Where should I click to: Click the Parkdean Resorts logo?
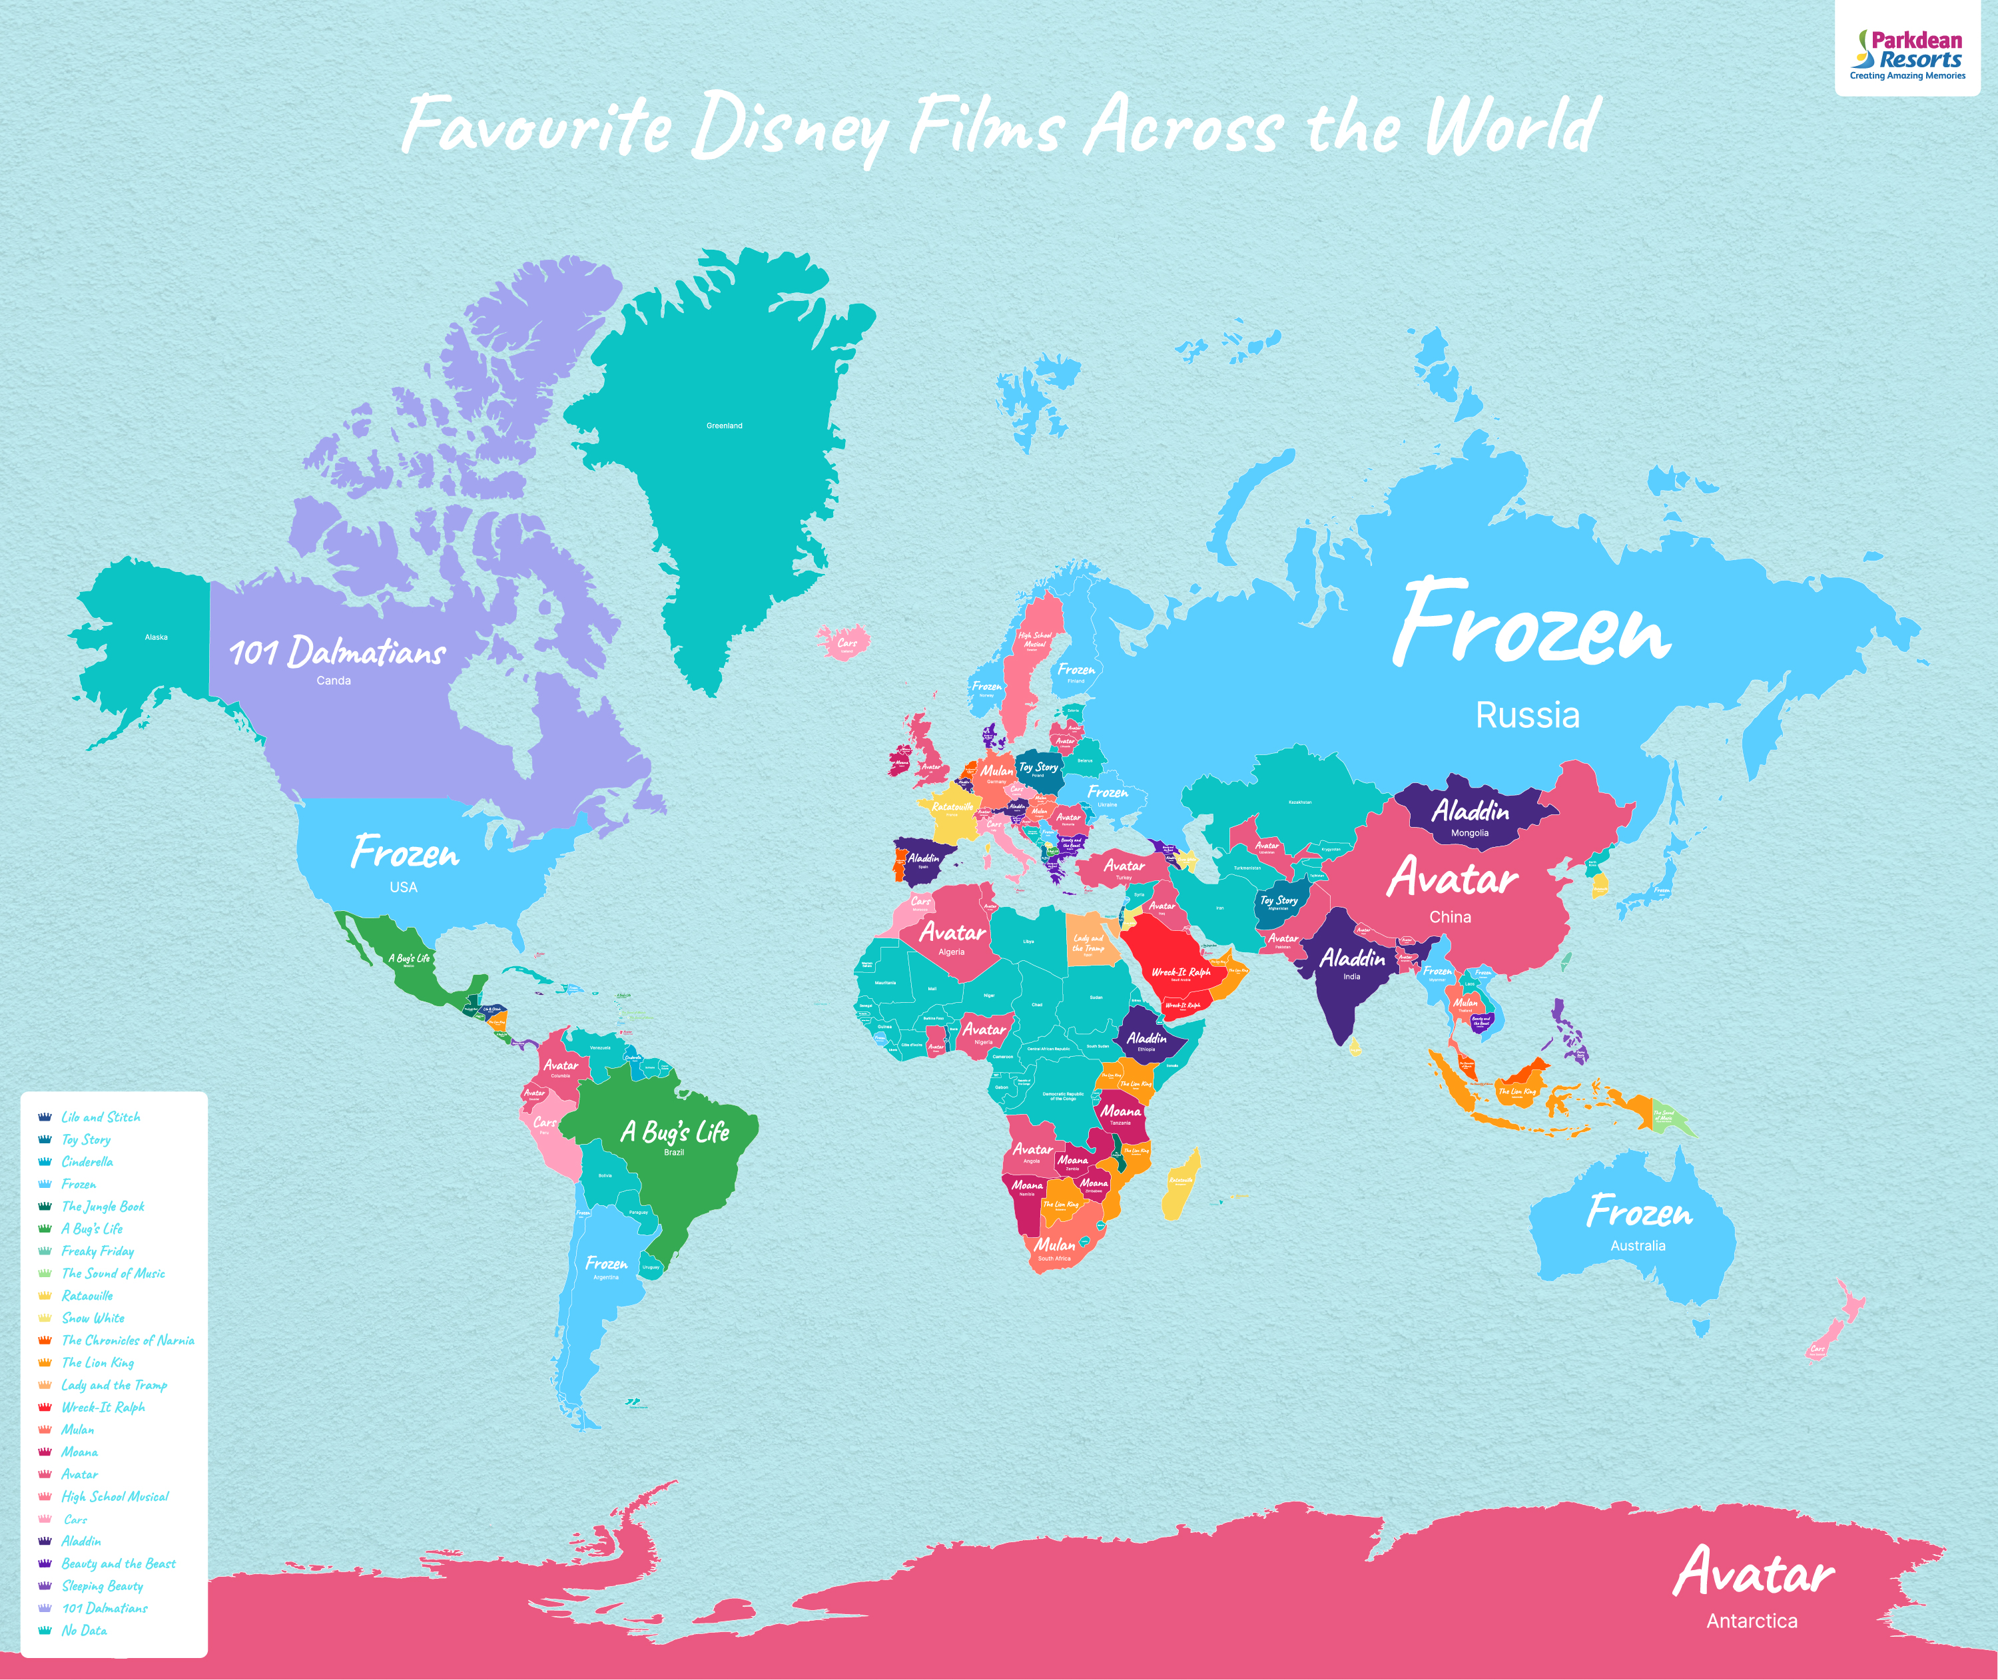(1907, 55)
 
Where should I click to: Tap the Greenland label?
(724, 425)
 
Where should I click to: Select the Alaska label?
(157, 637)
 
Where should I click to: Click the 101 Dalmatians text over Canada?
(337, 653)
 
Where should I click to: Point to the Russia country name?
(1526, 715)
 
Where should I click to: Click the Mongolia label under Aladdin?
(1469, 833)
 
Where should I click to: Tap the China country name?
(1449, 917)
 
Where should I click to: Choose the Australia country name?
(1637, 1246)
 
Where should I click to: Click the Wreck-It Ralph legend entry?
(103, 1408)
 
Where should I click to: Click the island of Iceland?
(844, 641)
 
